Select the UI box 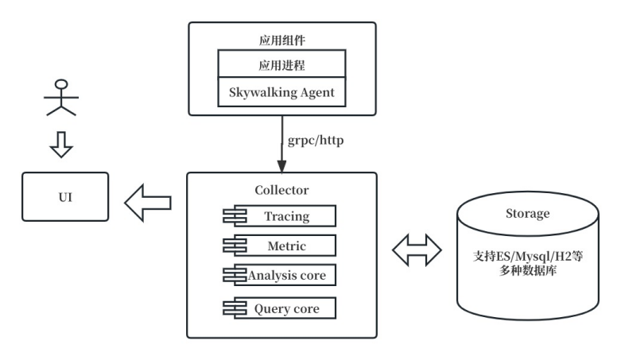[65, 196]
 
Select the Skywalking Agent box [281, 93]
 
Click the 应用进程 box [281, 64]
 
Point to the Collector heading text [281, 190]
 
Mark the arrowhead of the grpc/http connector [281, 165]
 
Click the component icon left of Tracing [234, 215]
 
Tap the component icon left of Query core [234, 308]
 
